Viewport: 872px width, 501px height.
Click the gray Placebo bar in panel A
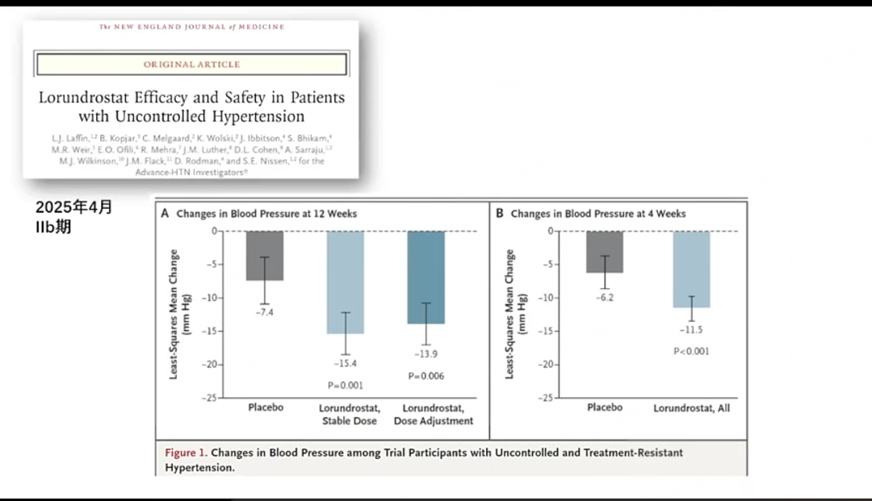click(265, 255)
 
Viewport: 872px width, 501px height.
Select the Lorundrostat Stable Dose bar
click(346, 282)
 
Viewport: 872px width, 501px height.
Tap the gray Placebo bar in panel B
click(604, 251)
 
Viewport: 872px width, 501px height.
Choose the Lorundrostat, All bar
click(691, 269)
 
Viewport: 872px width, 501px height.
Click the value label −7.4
click(265, 312)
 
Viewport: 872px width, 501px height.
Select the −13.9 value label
click(426, 355)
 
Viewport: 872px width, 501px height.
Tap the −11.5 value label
click(691, 330)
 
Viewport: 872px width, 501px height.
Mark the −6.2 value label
click(604, 298)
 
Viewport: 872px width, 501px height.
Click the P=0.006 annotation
click(426, 376)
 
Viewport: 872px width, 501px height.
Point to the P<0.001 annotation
click(691, 351)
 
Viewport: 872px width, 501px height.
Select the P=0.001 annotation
click(346, 386)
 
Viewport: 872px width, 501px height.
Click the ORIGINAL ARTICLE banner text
click(191, 64)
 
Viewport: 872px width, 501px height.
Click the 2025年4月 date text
click(74, 207)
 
